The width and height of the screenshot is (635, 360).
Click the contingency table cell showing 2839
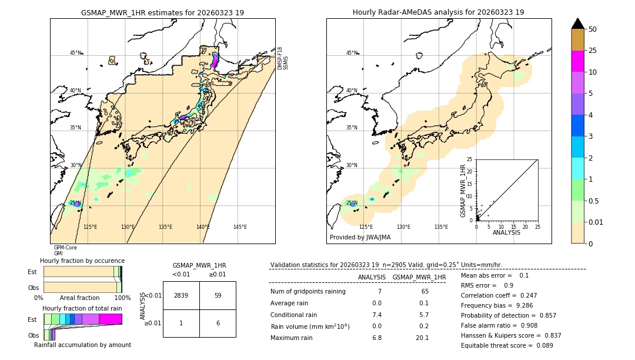pos(181,295)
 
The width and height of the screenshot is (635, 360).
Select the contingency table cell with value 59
pos(218,295)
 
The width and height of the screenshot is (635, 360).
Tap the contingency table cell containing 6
pos(218,323)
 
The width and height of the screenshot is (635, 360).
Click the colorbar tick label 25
pos(593,51)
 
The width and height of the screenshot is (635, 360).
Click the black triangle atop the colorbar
pos(578,24)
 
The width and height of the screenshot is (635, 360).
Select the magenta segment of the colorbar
pos(578,61)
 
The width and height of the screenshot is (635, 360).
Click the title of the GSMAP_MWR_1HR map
pos(162,12)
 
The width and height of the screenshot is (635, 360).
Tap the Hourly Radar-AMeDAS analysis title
pos(438,12)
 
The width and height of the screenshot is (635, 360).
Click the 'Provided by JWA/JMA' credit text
pos(360,238)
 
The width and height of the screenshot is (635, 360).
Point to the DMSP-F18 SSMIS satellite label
pos(283,58)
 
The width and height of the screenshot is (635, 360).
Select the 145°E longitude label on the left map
pos(240,227)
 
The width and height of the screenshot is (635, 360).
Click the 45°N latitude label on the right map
pos(352,53)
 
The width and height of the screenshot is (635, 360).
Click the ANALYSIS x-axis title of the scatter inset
pos(506,233)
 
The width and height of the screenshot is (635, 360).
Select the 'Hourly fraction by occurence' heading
pos(82,261)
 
